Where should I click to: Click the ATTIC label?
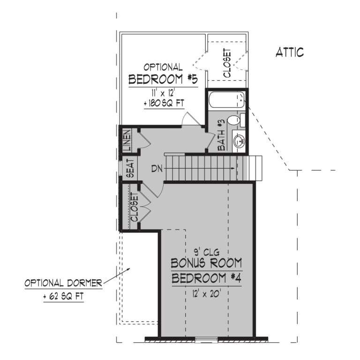(x=289, y=52)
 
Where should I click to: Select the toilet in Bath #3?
(x=235, y=120)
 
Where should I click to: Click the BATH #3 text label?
(x=222, y=135)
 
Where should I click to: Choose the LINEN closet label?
(x=127, y=140)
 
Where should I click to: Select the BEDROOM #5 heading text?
(x=163, y=79)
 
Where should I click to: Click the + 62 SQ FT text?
(x=63, y=297)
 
